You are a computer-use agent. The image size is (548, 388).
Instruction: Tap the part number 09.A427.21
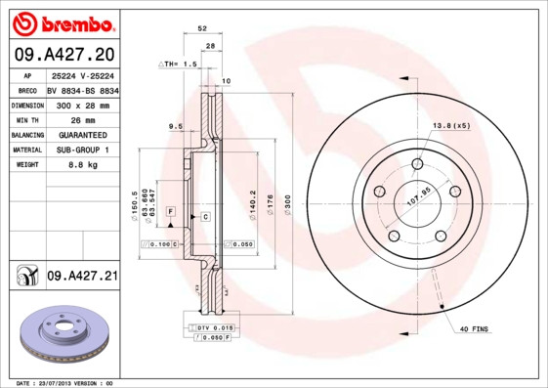[x=82, y=278]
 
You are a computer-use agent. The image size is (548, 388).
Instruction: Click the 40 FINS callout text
[x=474, y=331]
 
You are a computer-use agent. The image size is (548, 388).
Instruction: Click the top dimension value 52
[x=201, y=29]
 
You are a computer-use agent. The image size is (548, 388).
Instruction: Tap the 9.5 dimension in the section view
[x=176, y=126]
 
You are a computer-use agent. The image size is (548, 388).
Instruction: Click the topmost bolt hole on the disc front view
[x=417, y=163]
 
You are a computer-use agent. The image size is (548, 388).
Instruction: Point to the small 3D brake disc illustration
[x=61, y=332]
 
